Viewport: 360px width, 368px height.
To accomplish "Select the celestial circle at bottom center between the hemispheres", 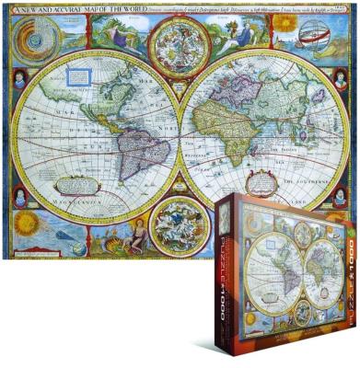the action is point(178,224).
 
